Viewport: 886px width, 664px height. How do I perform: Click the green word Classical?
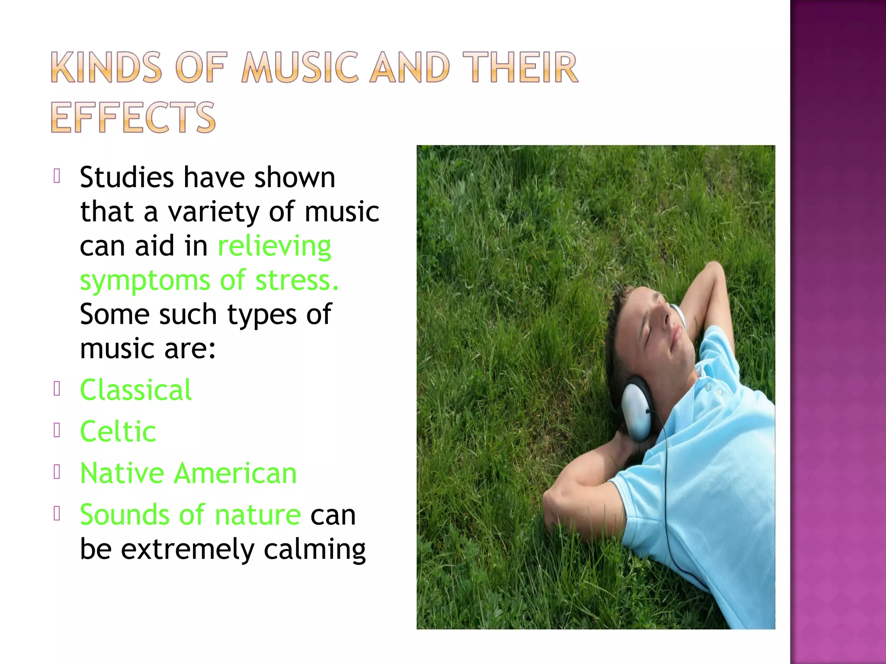click(136, 390)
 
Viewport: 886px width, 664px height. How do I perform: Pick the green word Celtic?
click(118, 431)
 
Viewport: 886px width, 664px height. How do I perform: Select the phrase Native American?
click(188, 473)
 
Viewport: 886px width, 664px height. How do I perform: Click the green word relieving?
click(274, 246)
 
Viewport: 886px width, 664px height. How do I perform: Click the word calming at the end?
click(315, 550)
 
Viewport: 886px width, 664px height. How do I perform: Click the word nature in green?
click(257, 515)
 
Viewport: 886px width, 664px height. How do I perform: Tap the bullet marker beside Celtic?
click(57, 430)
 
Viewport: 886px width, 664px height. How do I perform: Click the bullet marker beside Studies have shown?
click(57, 176)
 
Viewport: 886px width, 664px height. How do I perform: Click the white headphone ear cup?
click(636, 409)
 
